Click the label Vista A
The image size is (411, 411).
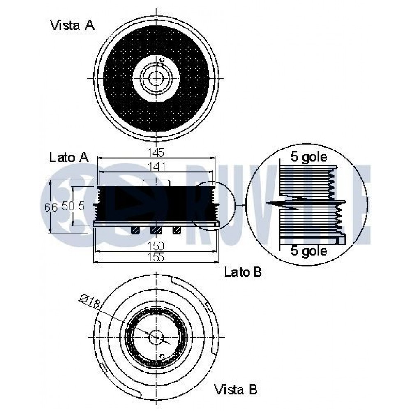coord(72,25)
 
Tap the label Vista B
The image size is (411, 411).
coord(236,389)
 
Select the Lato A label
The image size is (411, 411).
coord(69,157)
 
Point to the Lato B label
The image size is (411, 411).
coord(243,272)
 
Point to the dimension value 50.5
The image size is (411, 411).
coord(73,206)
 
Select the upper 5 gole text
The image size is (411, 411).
coord(309,157)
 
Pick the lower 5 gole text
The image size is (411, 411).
coord(309,250)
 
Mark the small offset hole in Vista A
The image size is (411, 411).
coord(162,60)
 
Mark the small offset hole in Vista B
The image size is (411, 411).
coord(162,356)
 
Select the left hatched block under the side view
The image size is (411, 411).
coord(135,231)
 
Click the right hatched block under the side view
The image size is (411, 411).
coord(177,231)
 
